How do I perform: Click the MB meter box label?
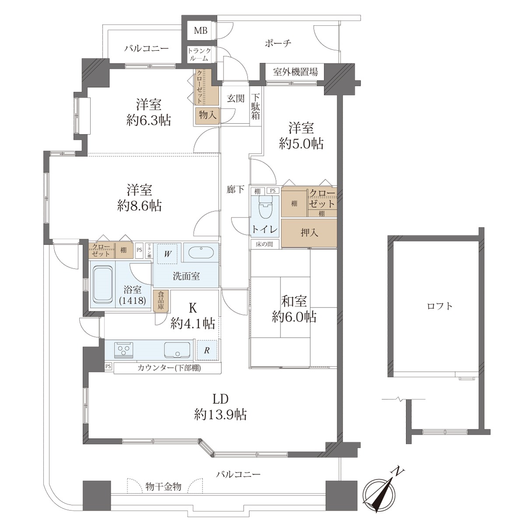(x=200, y=31)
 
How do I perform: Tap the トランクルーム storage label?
(x=199, y=55)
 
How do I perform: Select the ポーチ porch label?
(x=278, y=43)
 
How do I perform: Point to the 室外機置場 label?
(x=295, y=72)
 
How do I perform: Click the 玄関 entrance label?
(x=236, y=98)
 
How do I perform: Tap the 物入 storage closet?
(x=207, y=115)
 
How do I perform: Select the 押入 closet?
(x=309, y=233)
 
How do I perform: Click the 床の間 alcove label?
(x=264, y=244)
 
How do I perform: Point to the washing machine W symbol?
(x=167, y=254)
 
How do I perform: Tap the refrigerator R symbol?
(x=207, y=350)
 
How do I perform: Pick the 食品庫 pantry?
(x=161, y=301)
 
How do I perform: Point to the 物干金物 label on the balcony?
(x=163, y=486)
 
